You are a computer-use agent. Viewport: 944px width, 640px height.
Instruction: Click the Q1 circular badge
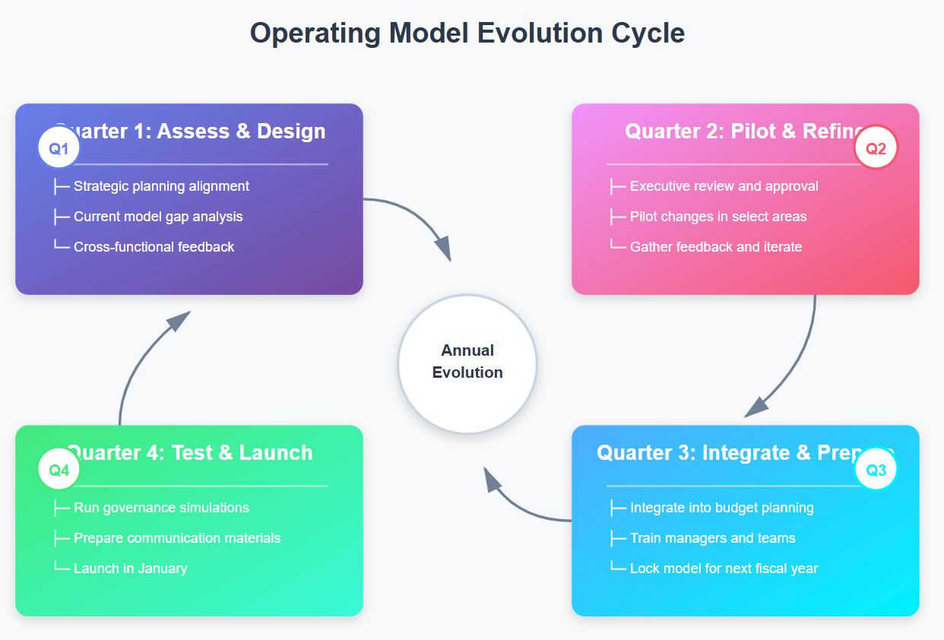click(x=59, y=149)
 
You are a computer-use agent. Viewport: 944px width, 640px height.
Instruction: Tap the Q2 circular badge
click(x=876, y=149)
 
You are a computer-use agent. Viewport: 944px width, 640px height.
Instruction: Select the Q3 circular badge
click(x=876, y=470)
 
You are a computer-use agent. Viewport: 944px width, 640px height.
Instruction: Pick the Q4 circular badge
click(x=59, y=470)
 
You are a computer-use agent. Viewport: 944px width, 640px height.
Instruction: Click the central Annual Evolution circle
click(x=467, y=363)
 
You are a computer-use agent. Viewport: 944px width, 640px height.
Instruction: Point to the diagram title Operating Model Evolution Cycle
click(x=467, y=33)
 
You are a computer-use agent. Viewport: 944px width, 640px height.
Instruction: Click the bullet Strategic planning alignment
click(x=161, y=186)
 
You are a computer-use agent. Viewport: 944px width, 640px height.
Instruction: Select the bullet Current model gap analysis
click(x=158, y=217)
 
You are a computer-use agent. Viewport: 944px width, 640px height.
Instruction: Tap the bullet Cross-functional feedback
click(x=154, y=247)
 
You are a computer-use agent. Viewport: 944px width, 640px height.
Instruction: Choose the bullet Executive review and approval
click(x=724, y=186)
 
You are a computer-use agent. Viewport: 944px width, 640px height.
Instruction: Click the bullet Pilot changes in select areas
click(x=718, y=217)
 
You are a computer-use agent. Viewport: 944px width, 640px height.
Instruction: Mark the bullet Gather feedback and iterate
click(x=716, y=247)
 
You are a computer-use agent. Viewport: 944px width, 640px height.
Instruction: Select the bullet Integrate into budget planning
click(x=721, y=508)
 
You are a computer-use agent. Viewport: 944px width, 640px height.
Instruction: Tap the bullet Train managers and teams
click(x=712, y=538)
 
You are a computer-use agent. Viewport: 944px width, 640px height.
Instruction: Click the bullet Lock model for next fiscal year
click(x=724, y=569)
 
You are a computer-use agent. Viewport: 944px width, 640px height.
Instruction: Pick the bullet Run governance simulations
click(x=161, y=508)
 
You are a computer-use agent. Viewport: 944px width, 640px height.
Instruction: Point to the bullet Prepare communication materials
click(x=177, y=538)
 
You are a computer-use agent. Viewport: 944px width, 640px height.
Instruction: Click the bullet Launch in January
click(x=130, y=569)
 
